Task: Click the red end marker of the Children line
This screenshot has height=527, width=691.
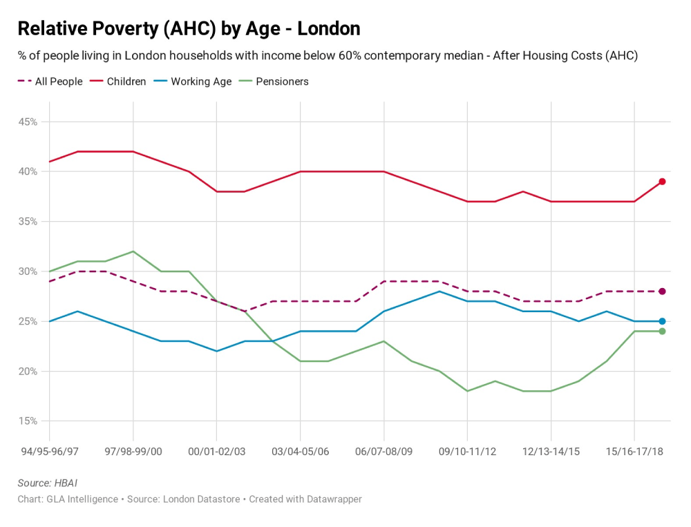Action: point(662,182)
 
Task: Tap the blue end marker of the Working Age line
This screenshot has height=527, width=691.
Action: point(662,321)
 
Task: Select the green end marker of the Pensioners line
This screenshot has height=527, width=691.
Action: point(662,332)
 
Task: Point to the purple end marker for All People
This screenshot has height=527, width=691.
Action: point(662,291)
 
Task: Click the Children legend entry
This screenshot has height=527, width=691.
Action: point(126,82)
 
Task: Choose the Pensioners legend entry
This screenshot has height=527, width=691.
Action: point(282,82)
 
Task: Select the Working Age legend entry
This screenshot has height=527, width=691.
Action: point(201,82)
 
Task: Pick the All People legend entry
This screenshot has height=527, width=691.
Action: point(58,82)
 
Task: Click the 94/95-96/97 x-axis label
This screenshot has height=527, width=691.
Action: point(50,451)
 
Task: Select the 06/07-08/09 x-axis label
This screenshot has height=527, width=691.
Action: point(384,451)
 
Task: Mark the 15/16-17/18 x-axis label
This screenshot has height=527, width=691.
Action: point(634,451)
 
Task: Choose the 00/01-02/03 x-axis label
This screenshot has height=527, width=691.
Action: point(216,451)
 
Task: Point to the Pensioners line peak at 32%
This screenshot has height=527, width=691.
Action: point(133,251)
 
